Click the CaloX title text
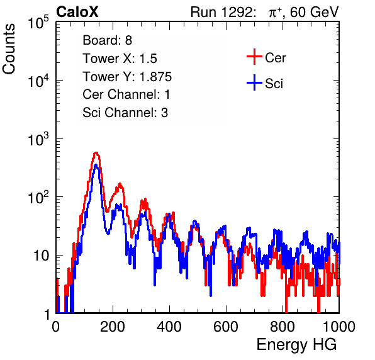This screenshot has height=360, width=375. pyautogui.click(x=77, y=12)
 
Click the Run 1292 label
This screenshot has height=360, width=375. pyautogui.click(x=221, y=12)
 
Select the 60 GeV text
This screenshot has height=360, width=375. pyautogui.click(x=314, y=13)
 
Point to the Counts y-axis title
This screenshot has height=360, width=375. pyautogui.click(x=9, y=49)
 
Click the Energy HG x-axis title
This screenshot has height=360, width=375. pyautogui.click(x=296, y=345)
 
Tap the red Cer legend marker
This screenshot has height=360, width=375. pyautogui.click(x=254, y=57)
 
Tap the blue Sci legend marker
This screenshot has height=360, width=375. pyautogui.click(x=254, y=82)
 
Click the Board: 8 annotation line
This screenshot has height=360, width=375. pyautogui.click(x=107, y=40)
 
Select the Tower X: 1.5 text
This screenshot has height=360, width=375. pyautogui.click(x=120, y=59)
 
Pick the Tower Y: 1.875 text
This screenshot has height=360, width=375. pyautogui.click(x=127, y=77)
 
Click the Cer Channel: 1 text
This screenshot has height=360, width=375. pyautogui.click(x=126, y=94)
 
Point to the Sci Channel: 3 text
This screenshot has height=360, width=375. pyautogui.click(x=125, y=113)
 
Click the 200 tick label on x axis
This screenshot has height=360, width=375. pyautogui.click(x=113, y=327)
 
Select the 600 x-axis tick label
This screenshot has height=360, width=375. pyautogui.click(x=226, y=327)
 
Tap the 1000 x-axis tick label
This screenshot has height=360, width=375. pyautogui.click(x=339, y=327)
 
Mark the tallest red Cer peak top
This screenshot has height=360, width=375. pyautogui.click(x=96, y=152)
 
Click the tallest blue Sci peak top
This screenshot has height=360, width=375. pyautogui.click(x=96, y=164)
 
